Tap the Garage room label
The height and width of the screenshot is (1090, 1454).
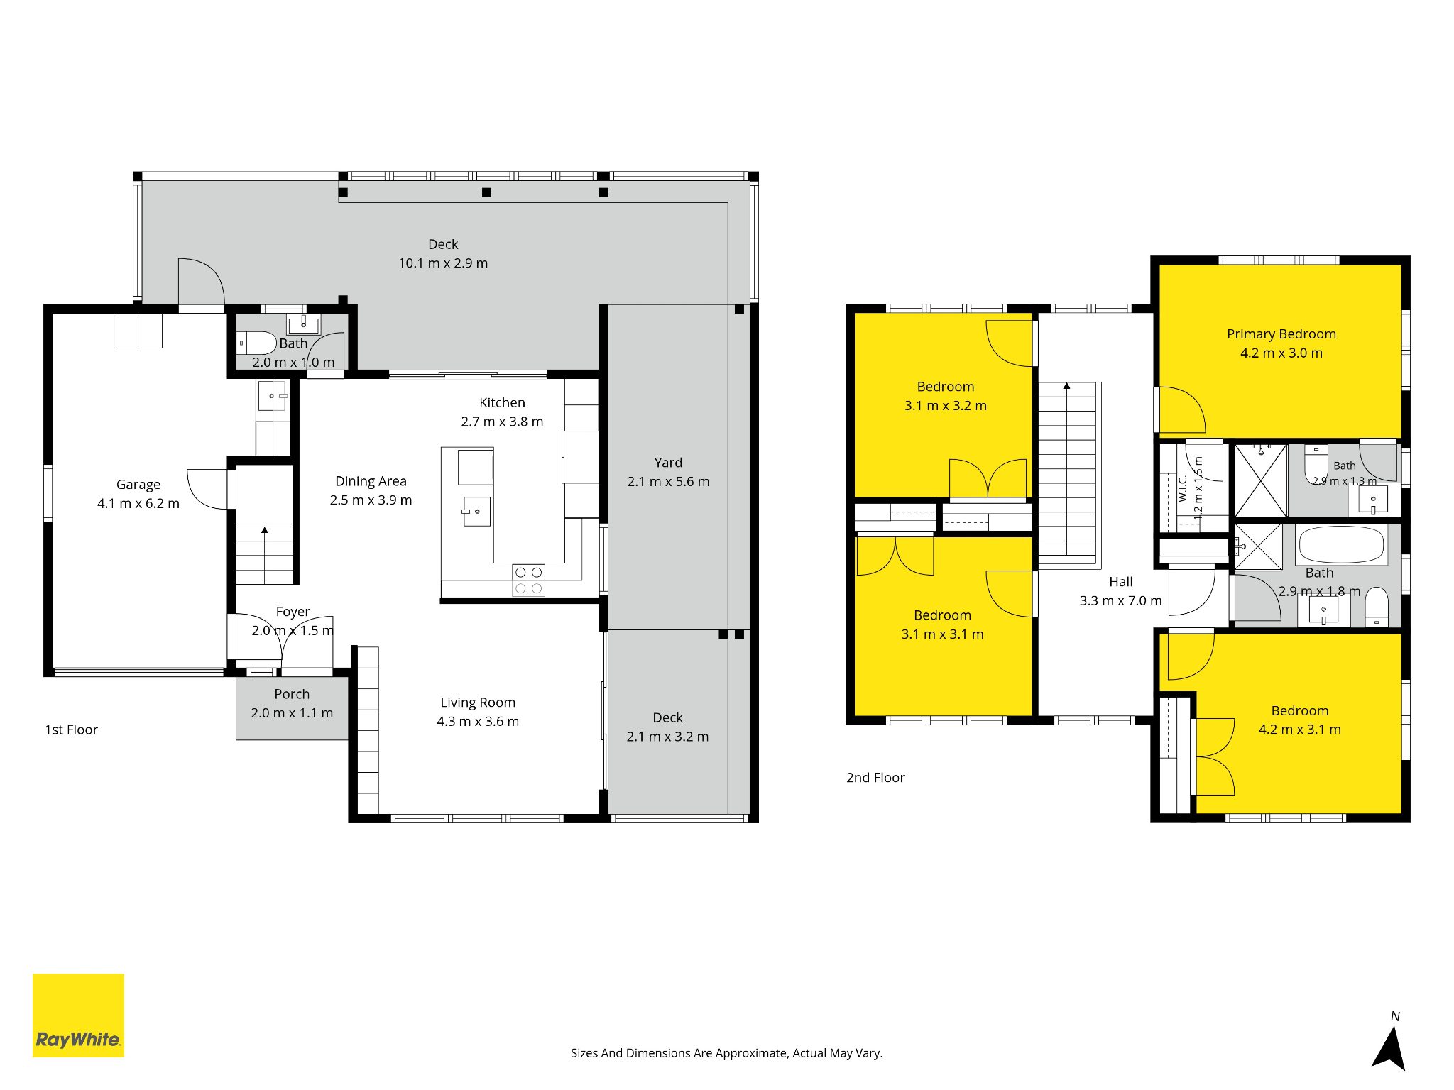click(138, 485)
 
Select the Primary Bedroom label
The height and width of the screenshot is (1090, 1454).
click(1281, 334)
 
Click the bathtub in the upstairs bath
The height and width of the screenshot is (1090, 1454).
click(1342, 545)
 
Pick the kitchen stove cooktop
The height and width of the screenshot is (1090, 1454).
click(528, 580)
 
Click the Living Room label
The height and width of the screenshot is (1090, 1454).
click(478, 703)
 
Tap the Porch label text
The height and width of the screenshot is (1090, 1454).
click(292, 694)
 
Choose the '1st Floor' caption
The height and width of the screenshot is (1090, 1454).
click(71, 730)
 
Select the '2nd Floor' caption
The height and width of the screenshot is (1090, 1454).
click(875, 778)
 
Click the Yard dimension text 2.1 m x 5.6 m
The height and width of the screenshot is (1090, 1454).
click(668, 482)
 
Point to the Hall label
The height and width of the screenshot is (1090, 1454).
click(1121, 582)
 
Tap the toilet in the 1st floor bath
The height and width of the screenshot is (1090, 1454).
click(257, 343)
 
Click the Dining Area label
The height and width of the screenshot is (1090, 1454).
click(371, 481)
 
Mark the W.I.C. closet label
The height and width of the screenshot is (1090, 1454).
click(1183, 488)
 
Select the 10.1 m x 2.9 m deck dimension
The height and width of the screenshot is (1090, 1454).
click(443, 263)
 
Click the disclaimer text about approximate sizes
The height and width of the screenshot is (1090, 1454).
click(726, 1053)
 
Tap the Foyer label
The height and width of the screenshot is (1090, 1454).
click(293, 612)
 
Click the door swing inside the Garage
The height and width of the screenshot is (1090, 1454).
click(209, 489)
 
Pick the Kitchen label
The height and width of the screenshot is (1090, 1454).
click(502, 403)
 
